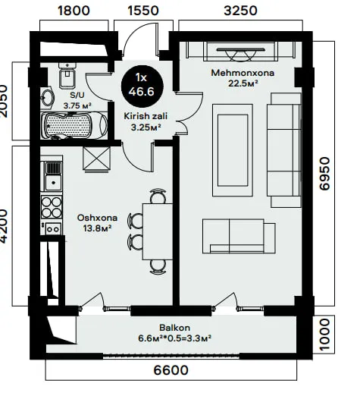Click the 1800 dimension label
tap(74, 11)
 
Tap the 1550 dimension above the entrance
tap(143, 11)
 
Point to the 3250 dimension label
tap(240, 11)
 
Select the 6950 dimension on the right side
tap(324, 174)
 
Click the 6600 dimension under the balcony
tap(171, 370)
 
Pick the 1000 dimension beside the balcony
tap(324, 335)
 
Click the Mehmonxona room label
tap(243, 73)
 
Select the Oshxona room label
tap(97, 218)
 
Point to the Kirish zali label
tap(146, 116)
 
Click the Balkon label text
tap(174, 328)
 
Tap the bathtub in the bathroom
tap(74, 125)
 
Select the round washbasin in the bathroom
tap(48, 97)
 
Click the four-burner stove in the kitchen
tap(52, 208)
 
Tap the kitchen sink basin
tap(53, 183)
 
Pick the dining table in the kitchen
tap(158, 231)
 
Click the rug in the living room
tap(233, 150)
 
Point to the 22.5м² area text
tap(243, 83)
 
